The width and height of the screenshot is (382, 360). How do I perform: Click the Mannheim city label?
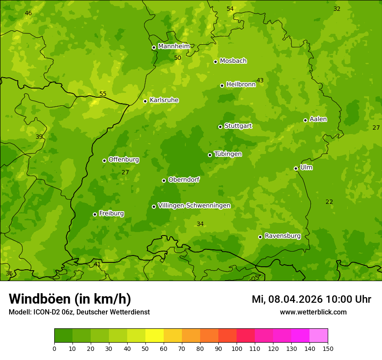coord(174,46)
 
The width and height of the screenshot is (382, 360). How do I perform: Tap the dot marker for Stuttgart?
coord(220,127)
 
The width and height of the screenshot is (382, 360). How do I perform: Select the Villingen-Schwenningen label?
coord(194,206)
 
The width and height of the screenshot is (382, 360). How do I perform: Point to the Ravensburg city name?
coord(283,236)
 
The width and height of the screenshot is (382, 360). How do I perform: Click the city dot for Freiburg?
coord(95,214)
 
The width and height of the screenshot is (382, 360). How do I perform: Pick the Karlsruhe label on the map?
coord(164,100)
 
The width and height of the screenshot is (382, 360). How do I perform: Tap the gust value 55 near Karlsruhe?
coord(103,94)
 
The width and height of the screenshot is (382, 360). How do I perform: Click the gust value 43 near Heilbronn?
coord(260,80)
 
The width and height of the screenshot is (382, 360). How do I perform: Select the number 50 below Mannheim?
coord(178,58)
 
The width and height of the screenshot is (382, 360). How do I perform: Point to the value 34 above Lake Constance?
coord(200,224)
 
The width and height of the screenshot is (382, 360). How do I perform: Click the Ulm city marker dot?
coord(296,168)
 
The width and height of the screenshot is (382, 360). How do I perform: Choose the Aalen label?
coord(318,119)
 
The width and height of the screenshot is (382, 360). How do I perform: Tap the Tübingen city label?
coord(228,154)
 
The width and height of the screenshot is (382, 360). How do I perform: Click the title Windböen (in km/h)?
coord(70,299)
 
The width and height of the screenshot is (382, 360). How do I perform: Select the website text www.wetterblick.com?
coord(313,312)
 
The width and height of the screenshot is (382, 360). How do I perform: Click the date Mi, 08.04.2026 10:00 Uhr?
coord(311,299)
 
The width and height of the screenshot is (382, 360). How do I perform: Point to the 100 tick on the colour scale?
coord(237,348)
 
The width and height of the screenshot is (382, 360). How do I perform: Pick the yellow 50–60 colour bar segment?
coord(155,336)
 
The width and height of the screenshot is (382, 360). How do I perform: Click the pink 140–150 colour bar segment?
coord(319,336)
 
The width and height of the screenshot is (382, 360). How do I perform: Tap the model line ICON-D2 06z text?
coord(79,312)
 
